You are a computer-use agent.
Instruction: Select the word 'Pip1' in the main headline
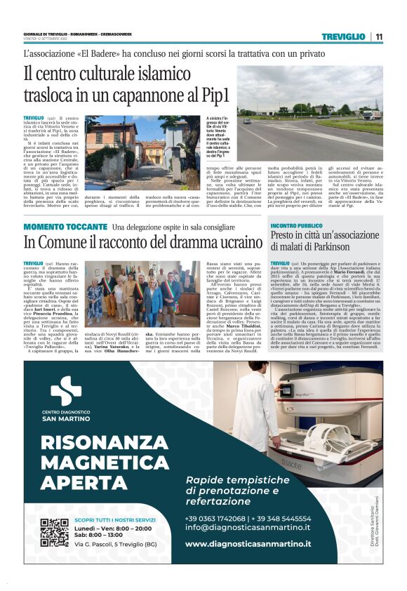tap(231, 93)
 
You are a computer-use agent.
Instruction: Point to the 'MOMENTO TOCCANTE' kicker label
tap(65, 227)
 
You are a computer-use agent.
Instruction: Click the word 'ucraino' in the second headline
tap(228, 241)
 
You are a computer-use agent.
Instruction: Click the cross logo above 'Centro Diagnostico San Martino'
tap(66, 391)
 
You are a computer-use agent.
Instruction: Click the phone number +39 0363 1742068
tap(215, 519)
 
